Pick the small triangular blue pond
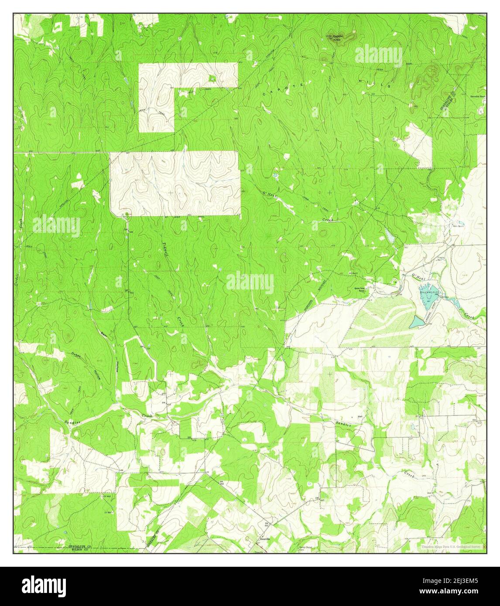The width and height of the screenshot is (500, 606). [x=417, y=322]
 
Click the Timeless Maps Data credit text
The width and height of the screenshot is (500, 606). [x=450, y=546]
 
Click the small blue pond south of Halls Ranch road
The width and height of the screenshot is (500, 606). [x=388, y=237]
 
